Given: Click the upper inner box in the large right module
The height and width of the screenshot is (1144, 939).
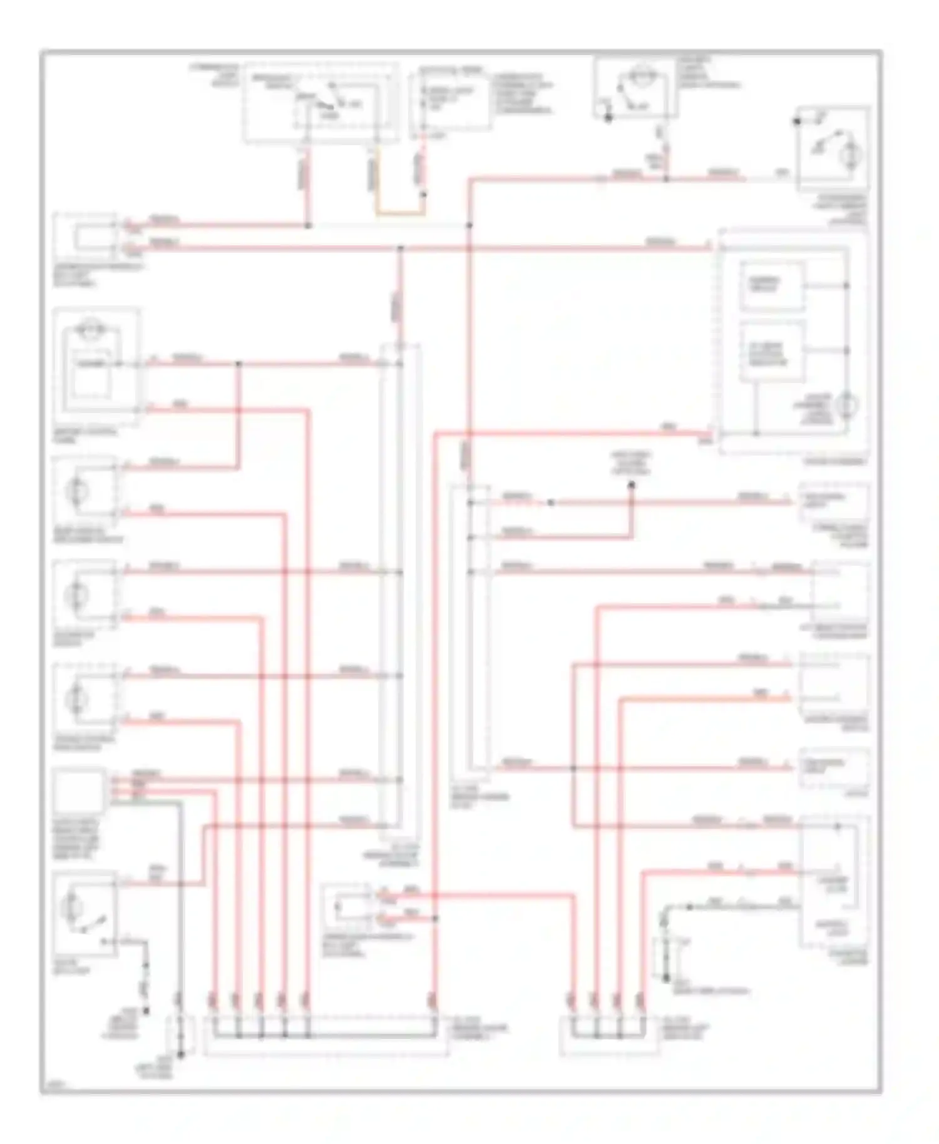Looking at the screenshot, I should [771, 287].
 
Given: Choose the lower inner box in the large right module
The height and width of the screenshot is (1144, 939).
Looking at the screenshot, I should [771, 352].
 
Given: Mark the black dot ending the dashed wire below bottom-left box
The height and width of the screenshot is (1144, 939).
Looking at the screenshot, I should [146, 1009].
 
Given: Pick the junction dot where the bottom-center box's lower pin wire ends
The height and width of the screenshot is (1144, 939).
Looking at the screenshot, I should [435, 919].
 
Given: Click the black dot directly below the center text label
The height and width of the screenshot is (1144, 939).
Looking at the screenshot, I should [631, 484].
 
